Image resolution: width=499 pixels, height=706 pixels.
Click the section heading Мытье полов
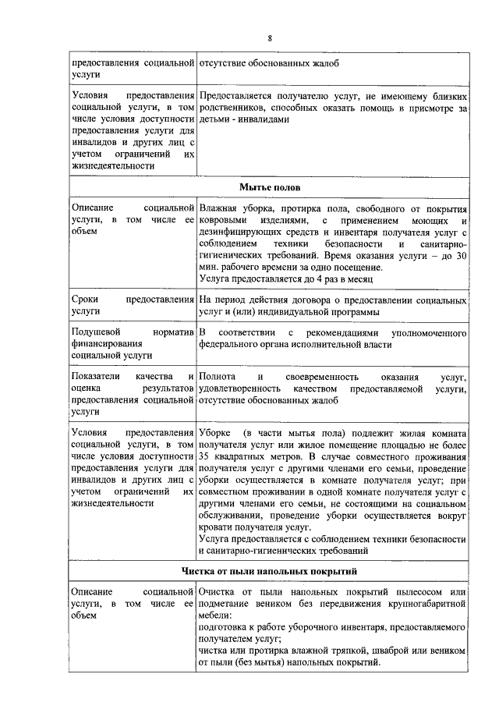tap(269, 189)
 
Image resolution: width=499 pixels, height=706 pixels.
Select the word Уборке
tap(215, 433)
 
